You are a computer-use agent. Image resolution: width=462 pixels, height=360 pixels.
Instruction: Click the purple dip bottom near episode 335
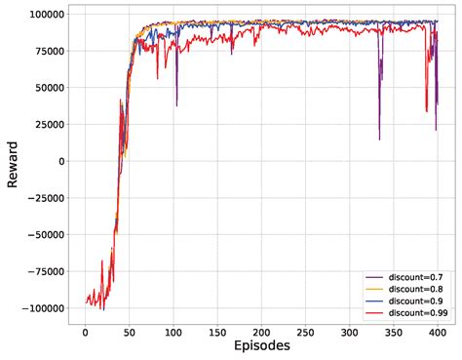[x=379, y=140]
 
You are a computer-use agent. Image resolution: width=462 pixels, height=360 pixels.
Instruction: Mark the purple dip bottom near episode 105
[x=176, y=105]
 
